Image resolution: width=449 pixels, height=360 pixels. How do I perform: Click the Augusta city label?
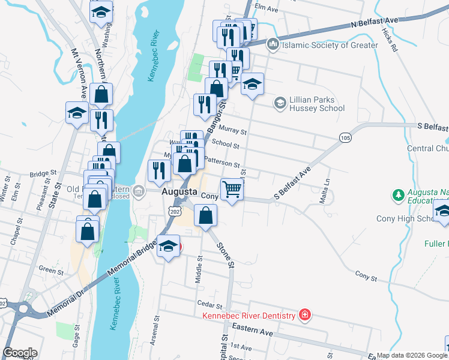[x=179, y=191]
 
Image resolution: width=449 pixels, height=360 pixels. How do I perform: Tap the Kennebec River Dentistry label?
[x=249, y=316]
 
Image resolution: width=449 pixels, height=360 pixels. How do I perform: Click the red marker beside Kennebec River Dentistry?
[x=305, y=315]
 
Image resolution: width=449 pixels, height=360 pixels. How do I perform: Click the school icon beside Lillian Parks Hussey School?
[x=280, y=103]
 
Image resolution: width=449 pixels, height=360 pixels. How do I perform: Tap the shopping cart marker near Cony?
[x=232, y=190]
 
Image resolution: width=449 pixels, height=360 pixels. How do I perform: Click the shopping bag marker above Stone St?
[x=206, y=215]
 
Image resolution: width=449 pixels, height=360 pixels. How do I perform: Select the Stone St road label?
[x=224, y=254]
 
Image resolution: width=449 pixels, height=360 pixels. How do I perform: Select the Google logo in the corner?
[x=20, y=352]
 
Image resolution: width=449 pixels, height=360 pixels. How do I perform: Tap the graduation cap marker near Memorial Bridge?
[x=169, y=247]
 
